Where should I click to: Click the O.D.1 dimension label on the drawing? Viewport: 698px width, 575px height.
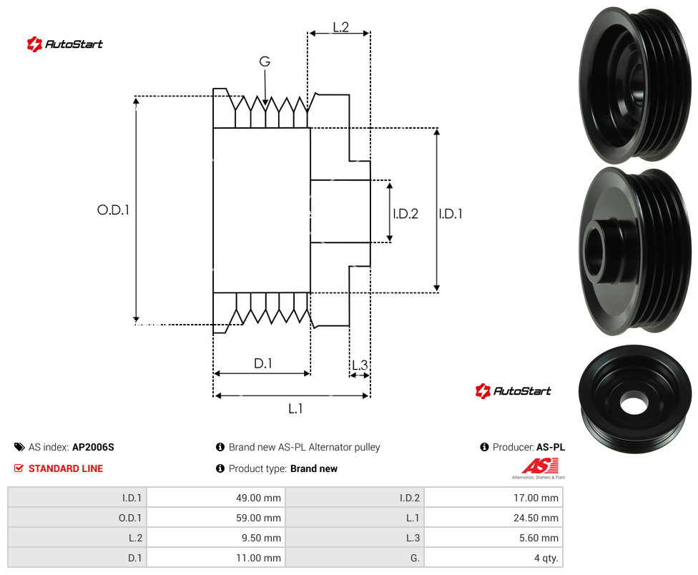coord(113,210)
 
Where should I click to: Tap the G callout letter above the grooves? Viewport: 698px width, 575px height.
coord(265,62)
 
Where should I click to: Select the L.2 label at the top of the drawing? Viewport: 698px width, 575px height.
coord(340,27)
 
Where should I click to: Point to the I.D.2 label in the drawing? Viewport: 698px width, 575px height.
coord(405,214)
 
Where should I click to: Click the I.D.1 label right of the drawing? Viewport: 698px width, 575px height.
coord(451,214)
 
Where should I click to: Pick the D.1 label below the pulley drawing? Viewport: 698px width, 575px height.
coord(262,363)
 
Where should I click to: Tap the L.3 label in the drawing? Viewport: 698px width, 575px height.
coord(360,365)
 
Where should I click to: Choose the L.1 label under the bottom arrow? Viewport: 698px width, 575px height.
coord(295,408)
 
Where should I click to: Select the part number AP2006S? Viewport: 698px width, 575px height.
coord(93,447)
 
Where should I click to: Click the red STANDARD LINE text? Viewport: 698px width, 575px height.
coord(66,468)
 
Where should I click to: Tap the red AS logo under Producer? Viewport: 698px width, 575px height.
coord(539,468)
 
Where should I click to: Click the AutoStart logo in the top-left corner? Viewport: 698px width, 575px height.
coord(64,44)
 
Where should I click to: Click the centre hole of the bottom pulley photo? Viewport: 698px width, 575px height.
coord(633,403)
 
